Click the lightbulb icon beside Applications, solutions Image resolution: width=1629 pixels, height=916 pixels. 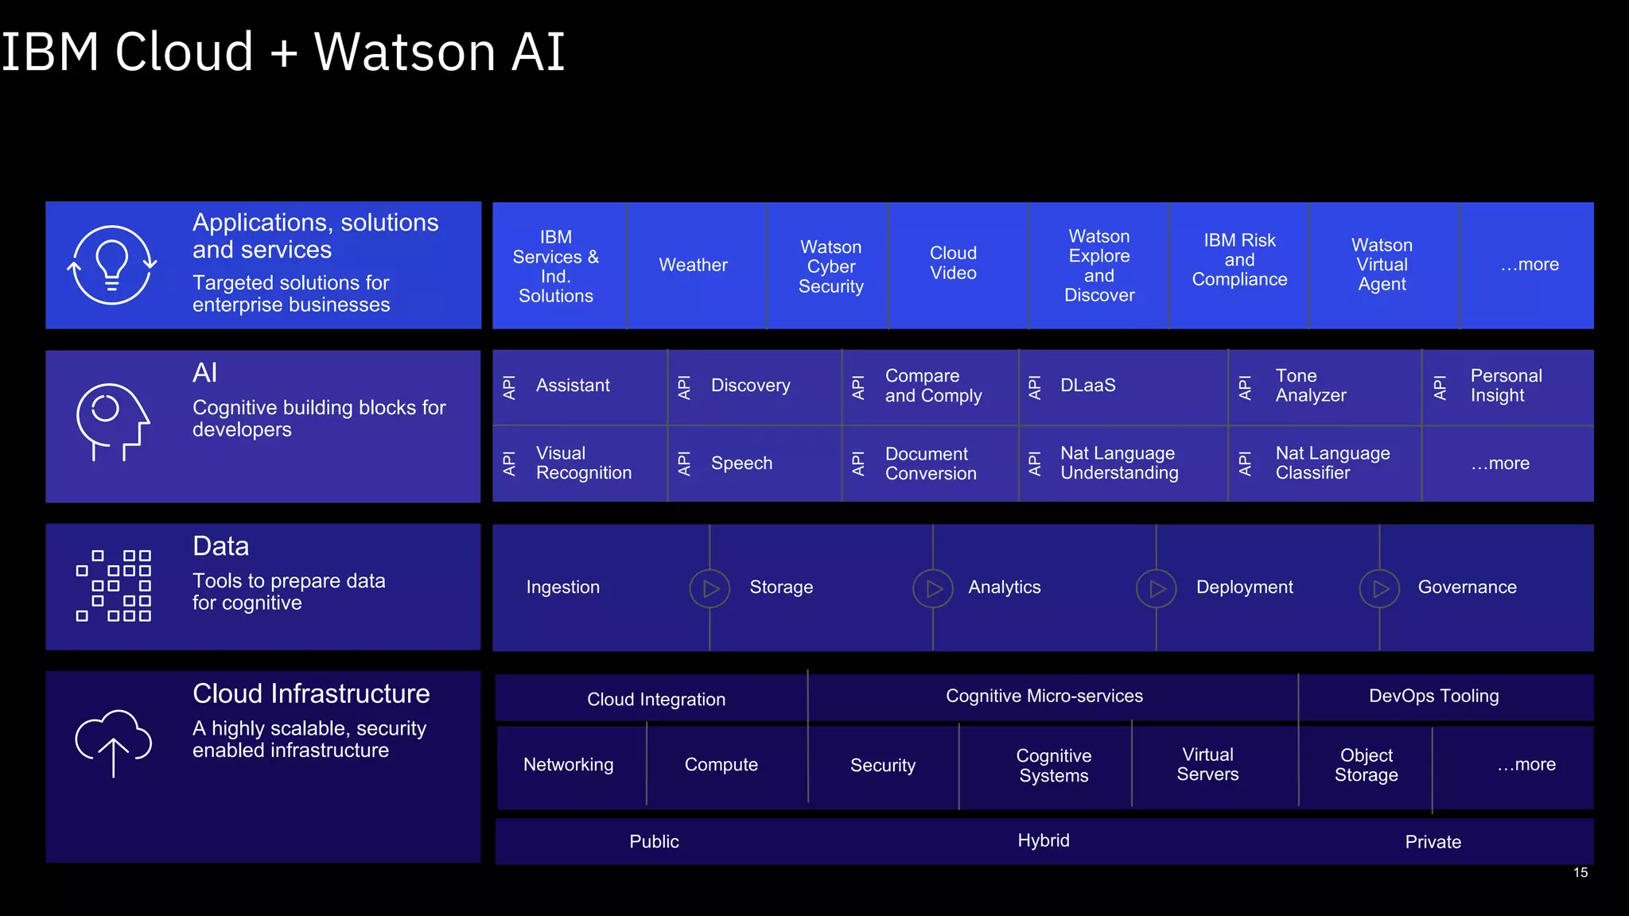coord(112,265)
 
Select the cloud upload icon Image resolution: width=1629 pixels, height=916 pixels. coord(113,742)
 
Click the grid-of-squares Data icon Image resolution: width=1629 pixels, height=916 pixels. coord(114,586)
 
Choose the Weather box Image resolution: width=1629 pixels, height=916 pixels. coord(693,266)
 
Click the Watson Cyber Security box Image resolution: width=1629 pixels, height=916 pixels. coord(830,266)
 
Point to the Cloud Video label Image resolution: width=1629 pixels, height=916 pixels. coord(953,263)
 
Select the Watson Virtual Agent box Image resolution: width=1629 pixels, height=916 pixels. coord(1382,265)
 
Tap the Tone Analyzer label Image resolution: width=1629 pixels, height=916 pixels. coord(1310,386)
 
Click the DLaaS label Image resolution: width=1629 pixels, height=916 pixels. coord(1087,386)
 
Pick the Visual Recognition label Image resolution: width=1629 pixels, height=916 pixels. coord(583,463)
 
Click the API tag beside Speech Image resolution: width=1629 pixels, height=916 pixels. coord(683,464)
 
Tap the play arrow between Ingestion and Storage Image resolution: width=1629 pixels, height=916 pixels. coord(710,588)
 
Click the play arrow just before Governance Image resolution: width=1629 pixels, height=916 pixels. coord(1379,588)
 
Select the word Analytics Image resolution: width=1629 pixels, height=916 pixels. coord(1004,588)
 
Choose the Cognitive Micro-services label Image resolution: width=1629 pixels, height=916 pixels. coord(1044,697)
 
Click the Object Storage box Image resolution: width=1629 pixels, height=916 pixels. coord(1366,765)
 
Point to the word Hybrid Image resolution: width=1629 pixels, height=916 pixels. coord(1043,841)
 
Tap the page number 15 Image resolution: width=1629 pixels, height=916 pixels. coord(1580,873)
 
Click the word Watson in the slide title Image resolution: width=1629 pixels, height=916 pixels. coord(405,52)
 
